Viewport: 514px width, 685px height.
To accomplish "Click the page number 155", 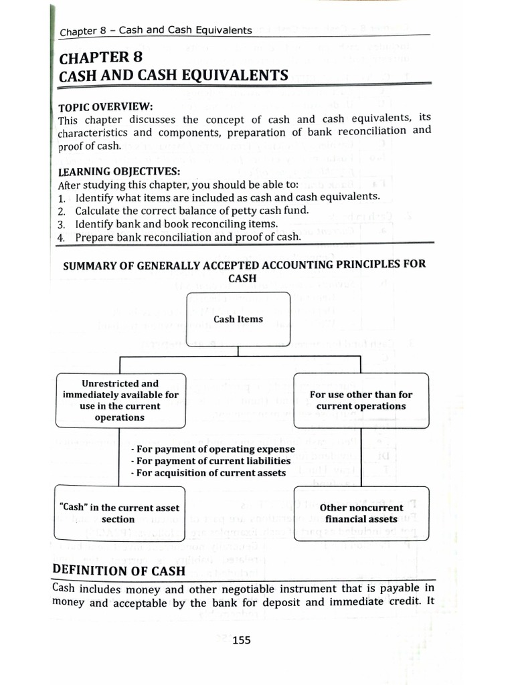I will [x=241, y=640].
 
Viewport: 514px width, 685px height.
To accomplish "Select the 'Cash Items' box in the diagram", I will [x=238, y=319].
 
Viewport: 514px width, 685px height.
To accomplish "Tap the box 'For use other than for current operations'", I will [x=361, y=400].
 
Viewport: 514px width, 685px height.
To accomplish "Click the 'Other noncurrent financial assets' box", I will [x=361, y=513].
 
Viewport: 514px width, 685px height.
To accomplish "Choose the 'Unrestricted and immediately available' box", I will [x=120, y=400].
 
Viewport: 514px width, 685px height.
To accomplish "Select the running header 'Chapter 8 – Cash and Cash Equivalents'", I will [x=156, y=31].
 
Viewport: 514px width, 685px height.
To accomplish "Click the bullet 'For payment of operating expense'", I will [x=211, y=449].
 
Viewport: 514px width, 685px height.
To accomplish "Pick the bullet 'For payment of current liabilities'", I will [x=211, y=461].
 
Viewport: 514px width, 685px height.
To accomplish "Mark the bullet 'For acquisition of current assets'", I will [x=208, y=473].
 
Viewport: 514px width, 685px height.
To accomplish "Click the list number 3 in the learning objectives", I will [x=61, y=224].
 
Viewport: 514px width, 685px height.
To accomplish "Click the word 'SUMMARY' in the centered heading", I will [x=90, y=265].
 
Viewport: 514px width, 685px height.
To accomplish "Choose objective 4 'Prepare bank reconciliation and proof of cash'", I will [x=188, y=237].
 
